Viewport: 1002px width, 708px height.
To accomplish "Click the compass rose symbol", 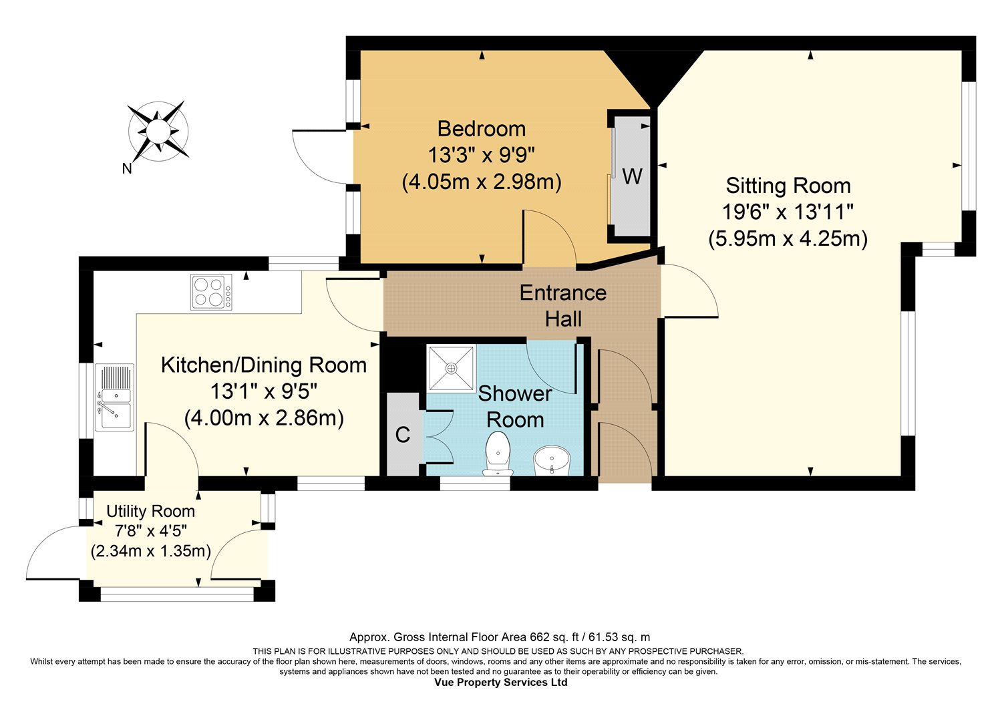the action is point(158,131).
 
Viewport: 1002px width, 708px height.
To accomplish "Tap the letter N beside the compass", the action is point(127,168).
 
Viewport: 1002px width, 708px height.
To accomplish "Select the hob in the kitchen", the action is point(212,292).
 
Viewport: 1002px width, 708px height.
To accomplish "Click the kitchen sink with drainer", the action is point(114,397).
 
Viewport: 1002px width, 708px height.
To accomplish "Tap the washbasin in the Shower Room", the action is point(552,460).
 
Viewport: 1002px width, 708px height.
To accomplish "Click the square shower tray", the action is point(452,368).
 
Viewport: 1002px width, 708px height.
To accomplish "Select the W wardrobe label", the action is point(633,176).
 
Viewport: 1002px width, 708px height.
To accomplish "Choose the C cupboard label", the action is point(403,435).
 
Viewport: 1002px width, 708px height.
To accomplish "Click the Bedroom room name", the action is point(482,129).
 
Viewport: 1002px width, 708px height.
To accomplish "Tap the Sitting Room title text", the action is point(788,186).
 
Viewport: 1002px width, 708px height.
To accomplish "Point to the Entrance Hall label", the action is point(563,306).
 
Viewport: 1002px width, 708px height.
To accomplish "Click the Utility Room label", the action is point(151,511).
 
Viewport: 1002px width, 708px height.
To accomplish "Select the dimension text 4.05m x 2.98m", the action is point(482,182).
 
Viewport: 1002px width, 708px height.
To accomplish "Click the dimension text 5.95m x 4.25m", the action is point(788,238).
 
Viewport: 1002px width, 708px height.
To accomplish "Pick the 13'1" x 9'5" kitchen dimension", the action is point(264,392).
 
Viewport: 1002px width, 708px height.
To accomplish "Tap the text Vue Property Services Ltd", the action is point(500,682).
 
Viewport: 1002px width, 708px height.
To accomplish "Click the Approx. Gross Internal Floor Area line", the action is point(500,637).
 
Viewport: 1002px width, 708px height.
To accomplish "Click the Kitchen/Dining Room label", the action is point(264,365).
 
